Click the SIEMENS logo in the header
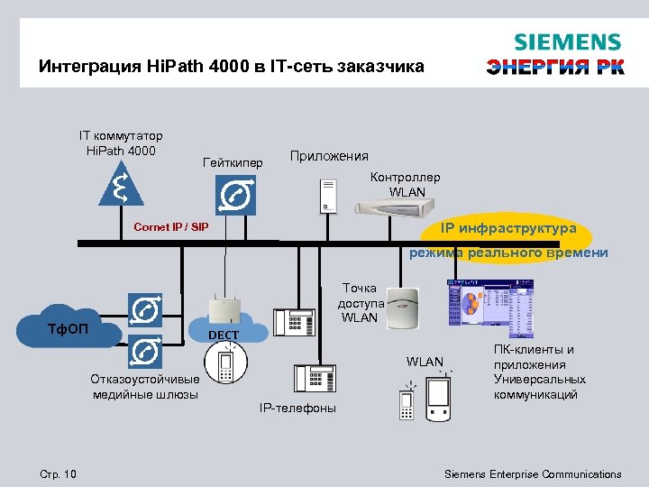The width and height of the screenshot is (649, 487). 567,42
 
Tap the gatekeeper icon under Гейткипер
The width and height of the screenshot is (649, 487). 236,195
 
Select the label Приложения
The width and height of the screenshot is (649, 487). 329,156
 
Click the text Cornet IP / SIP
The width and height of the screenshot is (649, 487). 170,226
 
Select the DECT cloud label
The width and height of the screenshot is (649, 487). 224,335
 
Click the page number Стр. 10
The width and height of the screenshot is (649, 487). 59,474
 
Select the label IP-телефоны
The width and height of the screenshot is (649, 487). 297,409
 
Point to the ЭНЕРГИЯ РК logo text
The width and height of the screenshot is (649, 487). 555,68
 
